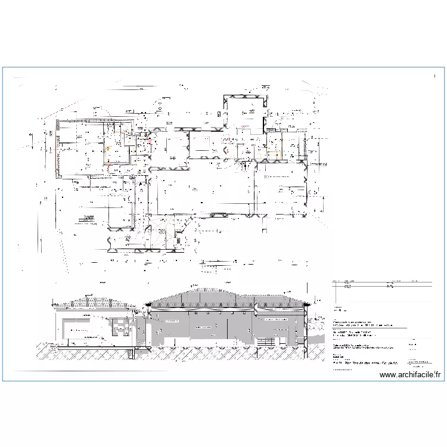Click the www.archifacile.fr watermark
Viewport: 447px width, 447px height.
[x=411, y=375]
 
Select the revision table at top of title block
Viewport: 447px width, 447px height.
[x=381, y=285]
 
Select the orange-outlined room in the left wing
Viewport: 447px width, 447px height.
[x=117, y=153]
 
